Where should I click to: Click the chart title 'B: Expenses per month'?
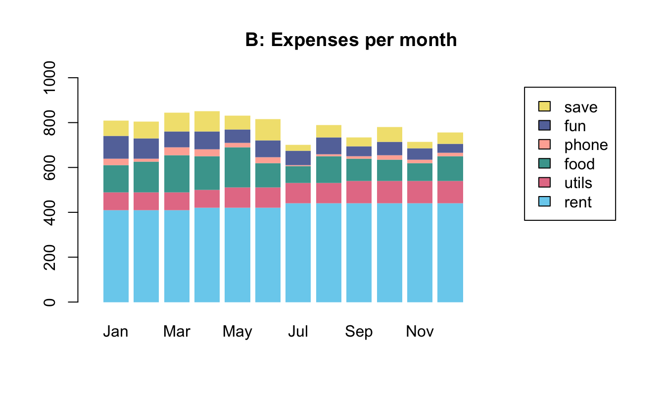pos(351,40)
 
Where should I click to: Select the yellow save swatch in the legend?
pos(544,107)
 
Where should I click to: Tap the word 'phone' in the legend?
pos(586,145)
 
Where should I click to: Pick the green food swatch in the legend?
pos(544,164)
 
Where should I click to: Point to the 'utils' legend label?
pos(578,183)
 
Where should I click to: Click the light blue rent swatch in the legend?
pos(544,202)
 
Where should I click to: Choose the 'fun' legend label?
pos(575,126)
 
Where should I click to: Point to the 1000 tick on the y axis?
pos(49,78)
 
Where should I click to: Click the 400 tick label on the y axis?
pos(49,212)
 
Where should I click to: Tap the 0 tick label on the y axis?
pos(49,301)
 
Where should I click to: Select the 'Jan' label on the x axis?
pos(116,332)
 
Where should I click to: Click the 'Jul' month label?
pos(298,332)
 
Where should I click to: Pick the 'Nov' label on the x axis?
pos(420,332)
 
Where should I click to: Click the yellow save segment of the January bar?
pos(116,128)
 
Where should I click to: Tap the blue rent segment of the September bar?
pos(359,252)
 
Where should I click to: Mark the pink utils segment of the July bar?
pos(298,193)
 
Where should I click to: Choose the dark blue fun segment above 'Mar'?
pos(177,140)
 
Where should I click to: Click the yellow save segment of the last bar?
pos(450,138)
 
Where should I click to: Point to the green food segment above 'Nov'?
pos(420,172)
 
